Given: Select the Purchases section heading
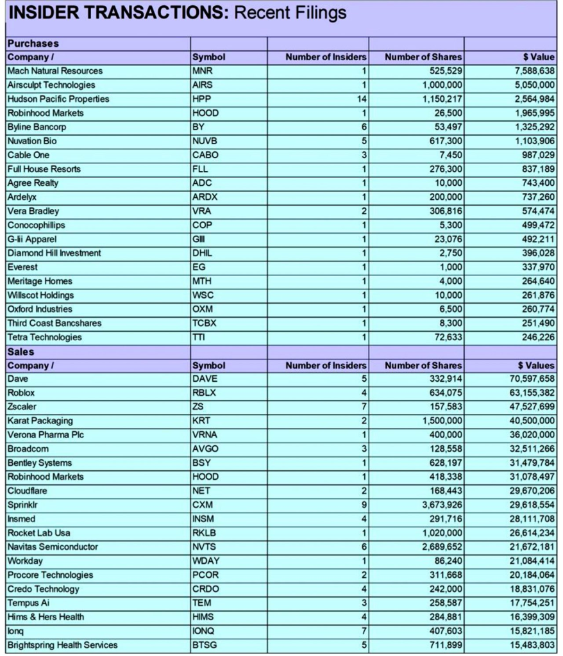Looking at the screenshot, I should coord(33,44).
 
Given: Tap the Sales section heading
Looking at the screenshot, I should coord(21,352).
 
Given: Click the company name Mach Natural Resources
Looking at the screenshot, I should coord(55,71).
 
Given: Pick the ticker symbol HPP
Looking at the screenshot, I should coord(201,99).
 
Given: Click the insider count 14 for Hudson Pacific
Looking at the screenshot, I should coord(361,99).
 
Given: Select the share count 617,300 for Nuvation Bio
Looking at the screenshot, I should coord(443,141).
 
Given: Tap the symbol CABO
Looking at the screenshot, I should coord(205,155).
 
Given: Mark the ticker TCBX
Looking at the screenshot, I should coord(205,324).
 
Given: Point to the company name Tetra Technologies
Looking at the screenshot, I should coord(45,338).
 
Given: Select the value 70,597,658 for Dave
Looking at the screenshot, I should coord(529,379).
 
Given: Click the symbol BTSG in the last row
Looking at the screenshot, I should coord(205,645).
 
